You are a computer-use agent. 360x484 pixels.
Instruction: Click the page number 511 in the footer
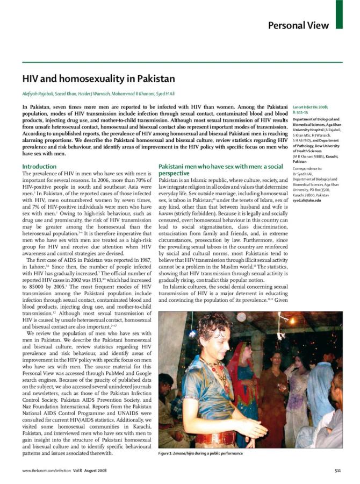click(338, 471)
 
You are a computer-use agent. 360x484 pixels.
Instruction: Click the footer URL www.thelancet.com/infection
click(45, 471)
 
